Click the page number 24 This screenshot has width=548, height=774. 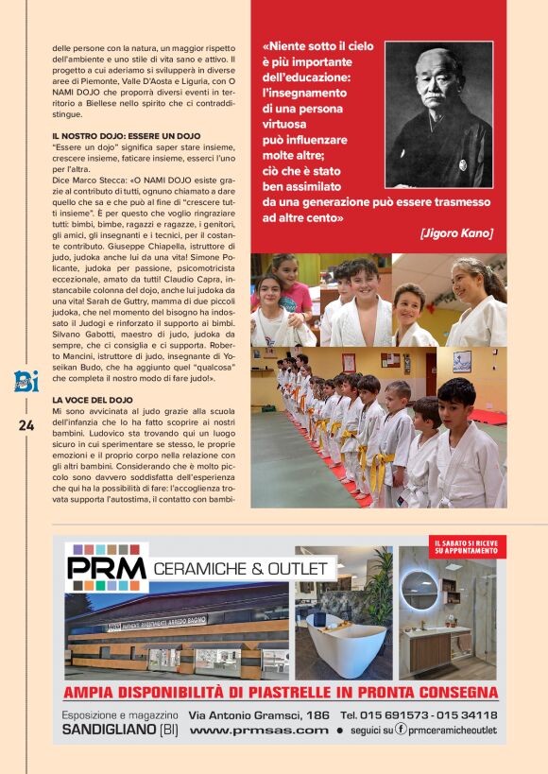point(26,425)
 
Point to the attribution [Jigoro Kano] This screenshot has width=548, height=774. point(457,232)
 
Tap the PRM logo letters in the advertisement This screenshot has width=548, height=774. point(107,568)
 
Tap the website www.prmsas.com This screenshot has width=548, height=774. point(259,731)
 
